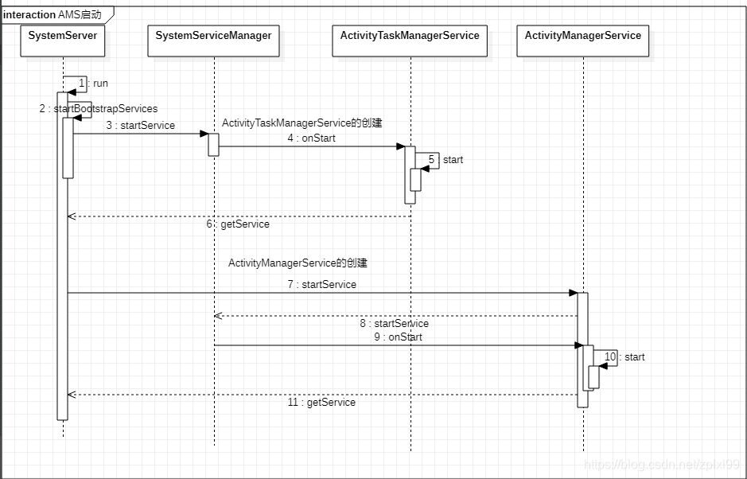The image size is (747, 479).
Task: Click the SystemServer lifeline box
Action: (63, 41)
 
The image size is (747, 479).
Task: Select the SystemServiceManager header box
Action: (213, 41)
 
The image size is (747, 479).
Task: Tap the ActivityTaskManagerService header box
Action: (410, 41)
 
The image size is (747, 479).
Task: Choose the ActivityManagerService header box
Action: (582, 41)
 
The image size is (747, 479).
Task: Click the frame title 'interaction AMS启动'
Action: (53, 15)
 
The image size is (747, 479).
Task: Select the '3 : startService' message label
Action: (140, 126)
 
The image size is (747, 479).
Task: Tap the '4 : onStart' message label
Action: (312, 138)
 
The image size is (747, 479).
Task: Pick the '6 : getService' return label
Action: (238, 224)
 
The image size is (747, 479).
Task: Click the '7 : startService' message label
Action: (322, 285)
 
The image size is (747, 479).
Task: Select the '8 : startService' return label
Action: (394, 324)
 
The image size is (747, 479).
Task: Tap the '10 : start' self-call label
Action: (624, 357)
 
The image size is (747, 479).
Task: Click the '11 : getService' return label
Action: (321, 403)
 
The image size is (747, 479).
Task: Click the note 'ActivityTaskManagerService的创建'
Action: (302, 123)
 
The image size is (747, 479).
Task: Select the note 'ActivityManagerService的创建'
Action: (298, 263)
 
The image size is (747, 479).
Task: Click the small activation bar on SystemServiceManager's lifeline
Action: (213, 145)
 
